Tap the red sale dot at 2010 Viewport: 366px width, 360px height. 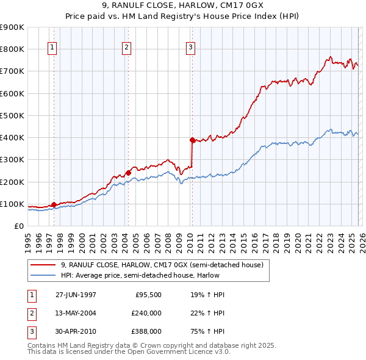tap(192, 140)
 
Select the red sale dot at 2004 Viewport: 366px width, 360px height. tap(129, 173)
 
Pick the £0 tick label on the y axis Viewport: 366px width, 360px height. tap(20, 226)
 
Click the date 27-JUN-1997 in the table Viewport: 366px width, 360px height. tap(76, 295)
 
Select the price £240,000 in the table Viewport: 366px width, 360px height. tap(146, 313)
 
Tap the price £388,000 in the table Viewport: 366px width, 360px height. tap(146, 331)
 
